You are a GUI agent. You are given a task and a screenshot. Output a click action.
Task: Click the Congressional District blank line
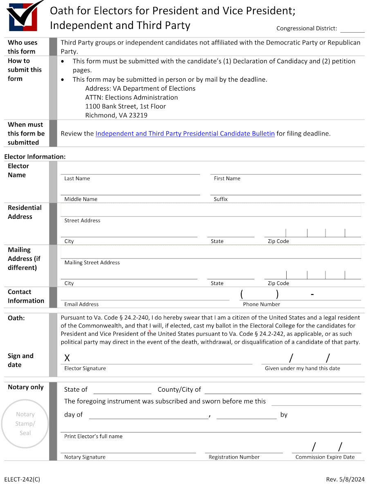point(352,29)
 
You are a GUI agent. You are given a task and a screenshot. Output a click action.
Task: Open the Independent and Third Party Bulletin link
point(185,134)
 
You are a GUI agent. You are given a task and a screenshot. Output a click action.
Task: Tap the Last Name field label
point(77,178)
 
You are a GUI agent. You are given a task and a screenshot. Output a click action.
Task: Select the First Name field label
point(227,178)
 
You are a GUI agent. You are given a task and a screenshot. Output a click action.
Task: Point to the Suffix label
point(220,199)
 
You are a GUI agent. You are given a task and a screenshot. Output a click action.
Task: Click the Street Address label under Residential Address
point(82,221)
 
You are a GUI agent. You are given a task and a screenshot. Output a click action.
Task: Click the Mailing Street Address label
point(92,263)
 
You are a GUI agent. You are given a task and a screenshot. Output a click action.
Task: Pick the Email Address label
point(81,304)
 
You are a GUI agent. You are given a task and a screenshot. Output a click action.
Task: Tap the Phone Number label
point(261,304)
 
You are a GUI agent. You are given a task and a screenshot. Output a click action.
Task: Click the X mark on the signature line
point(67,359)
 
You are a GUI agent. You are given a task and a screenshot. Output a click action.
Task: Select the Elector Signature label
point(85,368)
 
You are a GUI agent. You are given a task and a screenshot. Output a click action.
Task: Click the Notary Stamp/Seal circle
point(25,423)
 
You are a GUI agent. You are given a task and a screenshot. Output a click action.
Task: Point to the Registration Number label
point(234,457)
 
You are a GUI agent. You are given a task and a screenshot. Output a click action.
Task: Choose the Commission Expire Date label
point(325,457)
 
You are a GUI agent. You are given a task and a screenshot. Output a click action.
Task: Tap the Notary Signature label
point(85,457)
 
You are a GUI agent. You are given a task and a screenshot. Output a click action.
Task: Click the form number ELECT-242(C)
point(22,479)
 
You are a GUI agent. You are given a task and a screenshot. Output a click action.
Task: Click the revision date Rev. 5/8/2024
point(345,479)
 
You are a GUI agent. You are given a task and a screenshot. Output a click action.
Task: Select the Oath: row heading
point(16,318)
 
